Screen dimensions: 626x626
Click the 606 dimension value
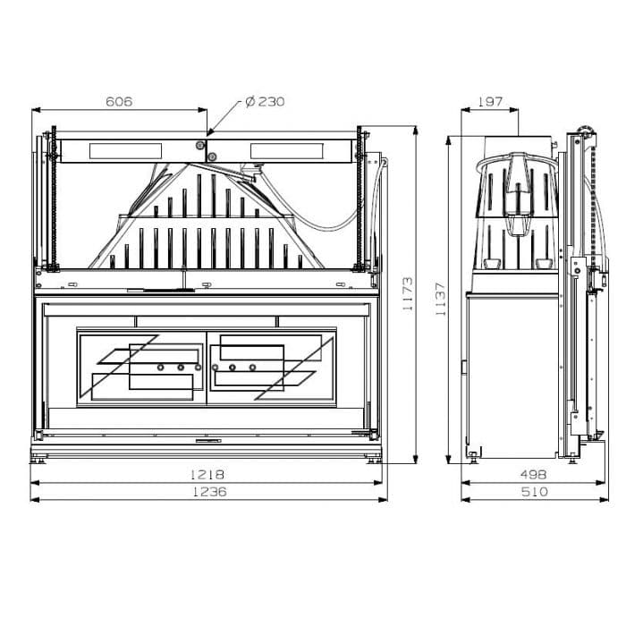(119, 101)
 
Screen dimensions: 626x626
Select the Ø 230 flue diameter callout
(265, 101)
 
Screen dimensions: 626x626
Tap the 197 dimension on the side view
(490, 101)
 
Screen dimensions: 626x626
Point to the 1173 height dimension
(408, 294)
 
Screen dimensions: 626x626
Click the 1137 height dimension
(440, 299)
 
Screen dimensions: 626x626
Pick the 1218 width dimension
(207, 474)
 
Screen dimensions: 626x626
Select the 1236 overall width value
(209, 492)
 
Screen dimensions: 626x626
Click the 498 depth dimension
(533, 474)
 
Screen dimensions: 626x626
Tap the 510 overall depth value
(535, 492)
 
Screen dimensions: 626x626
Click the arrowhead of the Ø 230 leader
(209, 133)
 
